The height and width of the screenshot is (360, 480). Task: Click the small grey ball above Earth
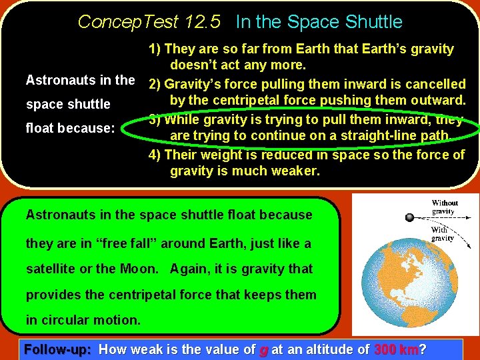tap(409, 217)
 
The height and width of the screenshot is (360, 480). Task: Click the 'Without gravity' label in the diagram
tap(444, 207)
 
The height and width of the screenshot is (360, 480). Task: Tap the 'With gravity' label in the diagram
tap(442, 234)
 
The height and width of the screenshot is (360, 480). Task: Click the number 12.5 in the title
tap(204, 22)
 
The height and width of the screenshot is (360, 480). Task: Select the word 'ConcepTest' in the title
tap(128, 22)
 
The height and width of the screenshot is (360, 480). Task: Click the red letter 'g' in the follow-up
tap(265, 349)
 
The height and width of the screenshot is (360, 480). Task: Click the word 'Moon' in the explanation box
tap(141, 269)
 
